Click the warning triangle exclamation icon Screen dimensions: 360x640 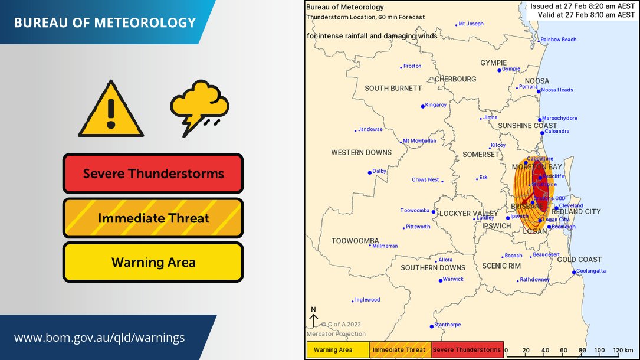(111, 110)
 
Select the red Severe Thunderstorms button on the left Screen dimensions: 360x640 (153, 174)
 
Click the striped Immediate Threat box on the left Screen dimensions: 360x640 (153, 218)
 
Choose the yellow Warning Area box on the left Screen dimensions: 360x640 (153, 262)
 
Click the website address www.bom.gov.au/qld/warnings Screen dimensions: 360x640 (99, 338)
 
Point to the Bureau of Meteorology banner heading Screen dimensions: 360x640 (104, 23)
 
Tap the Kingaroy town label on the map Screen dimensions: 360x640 (436, 105)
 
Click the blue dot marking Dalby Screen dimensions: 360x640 (370, 172)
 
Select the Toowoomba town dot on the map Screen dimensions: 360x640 (434, 212)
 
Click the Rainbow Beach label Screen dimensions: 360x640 (559, 40)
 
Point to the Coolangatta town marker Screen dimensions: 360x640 (574, 272)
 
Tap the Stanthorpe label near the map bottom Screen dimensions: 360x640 (448, 325)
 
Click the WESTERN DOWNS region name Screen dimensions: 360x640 (361, 153)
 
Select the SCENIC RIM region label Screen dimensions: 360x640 (501, 266)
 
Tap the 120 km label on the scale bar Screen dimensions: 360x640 (622, 350)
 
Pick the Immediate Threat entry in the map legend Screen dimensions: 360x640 (401, 350)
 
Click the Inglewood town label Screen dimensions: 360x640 (367, 300)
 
